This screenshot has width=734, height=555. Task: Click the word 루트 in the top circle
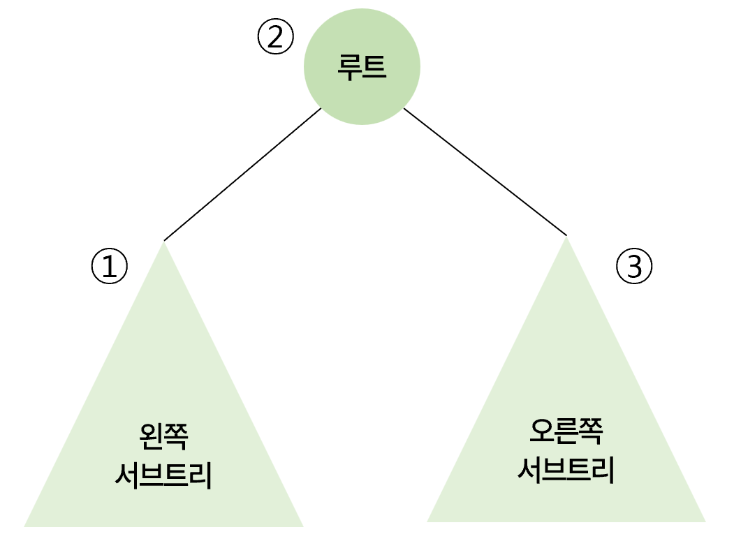pyautogui.click(x=362, y=68)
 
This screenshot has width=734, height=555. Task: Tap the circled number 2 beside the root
pyautogui.click(x=276, y=37)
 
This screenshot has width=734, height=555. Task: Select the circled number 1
pyautogui.click(x=110, y=267)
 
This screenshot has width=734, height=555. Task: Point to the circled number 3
pyautogui.click(x=634, y=267)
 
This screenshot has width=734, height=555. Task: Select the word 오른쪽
pyautogui.click(x=566, y=433)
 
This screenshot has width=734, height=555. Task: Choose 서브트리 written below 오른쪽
pyautogui.click(x=566, y=471)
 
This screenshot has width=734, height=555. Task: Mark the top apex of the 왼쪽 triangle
pyautogui.click(x=164, y=242)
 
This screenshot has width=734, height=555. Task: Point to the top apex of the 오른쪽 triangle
pyautogui.click(x=566, y=238)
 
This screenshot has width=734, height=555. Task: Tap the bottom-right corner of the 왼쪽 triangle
pyautogui.click(x=302, y=525)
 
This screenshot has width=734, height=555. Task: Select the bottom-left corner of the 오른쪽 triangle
pyautogui.click(x=428, y=521)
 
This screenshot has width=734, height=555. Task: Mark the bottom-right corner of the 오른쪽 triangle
pyautogui.click(x=704, y=521)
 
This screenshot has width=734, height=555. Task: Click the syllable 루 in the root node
pyautogui.click(x=349, y=68)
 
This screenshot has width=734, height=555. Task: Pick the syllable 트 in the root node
pyautogui.click(x=374, y=68)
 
